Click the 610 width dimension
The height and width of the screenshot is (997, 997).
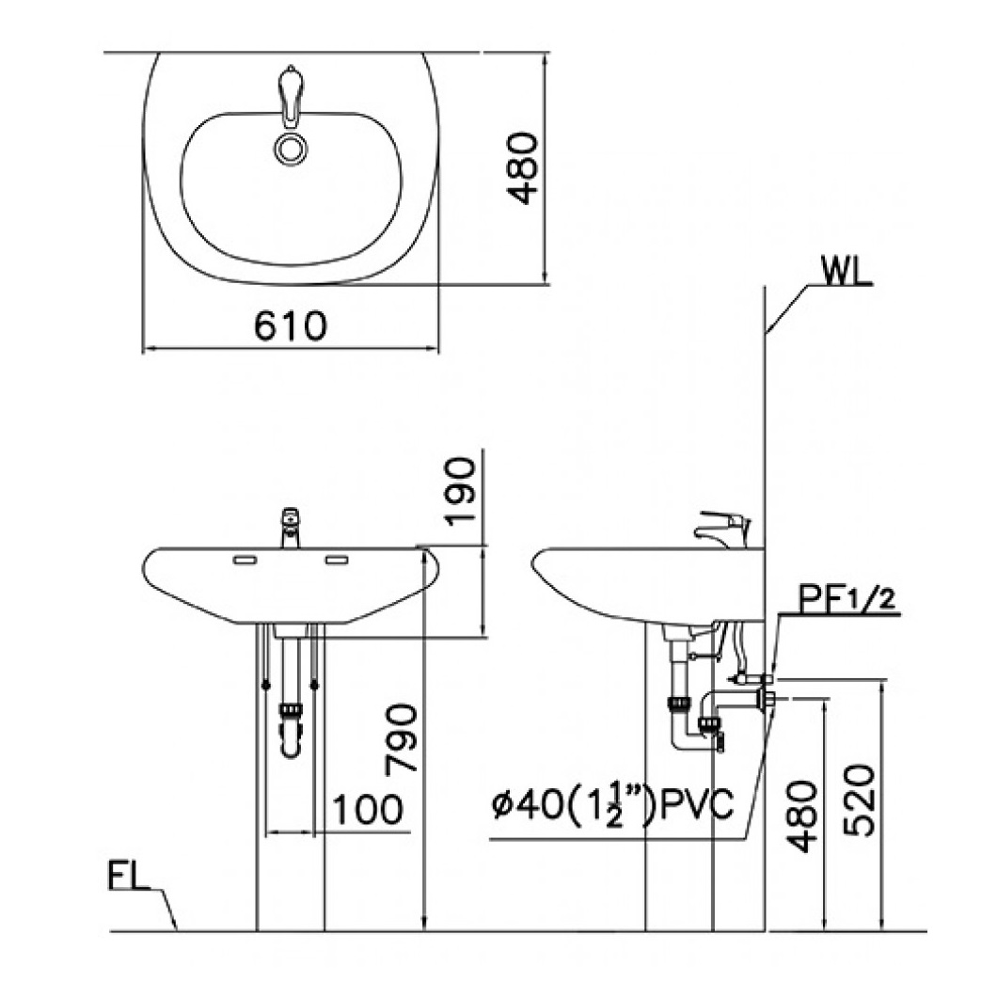291,326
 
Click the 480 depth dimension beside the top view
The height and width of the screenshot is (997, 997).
523,168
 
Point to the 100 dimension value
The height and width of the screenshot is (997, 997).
368,810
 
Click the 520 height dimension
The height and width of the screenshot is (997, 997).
860,799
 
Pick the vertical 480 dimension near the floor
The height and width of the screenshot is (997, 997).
801,815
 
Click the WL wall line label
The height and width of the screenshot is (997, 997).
847,272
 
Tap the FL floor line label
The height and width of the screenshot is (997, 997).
129,877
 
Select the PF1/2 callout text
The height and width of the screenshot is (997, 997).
848,599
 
